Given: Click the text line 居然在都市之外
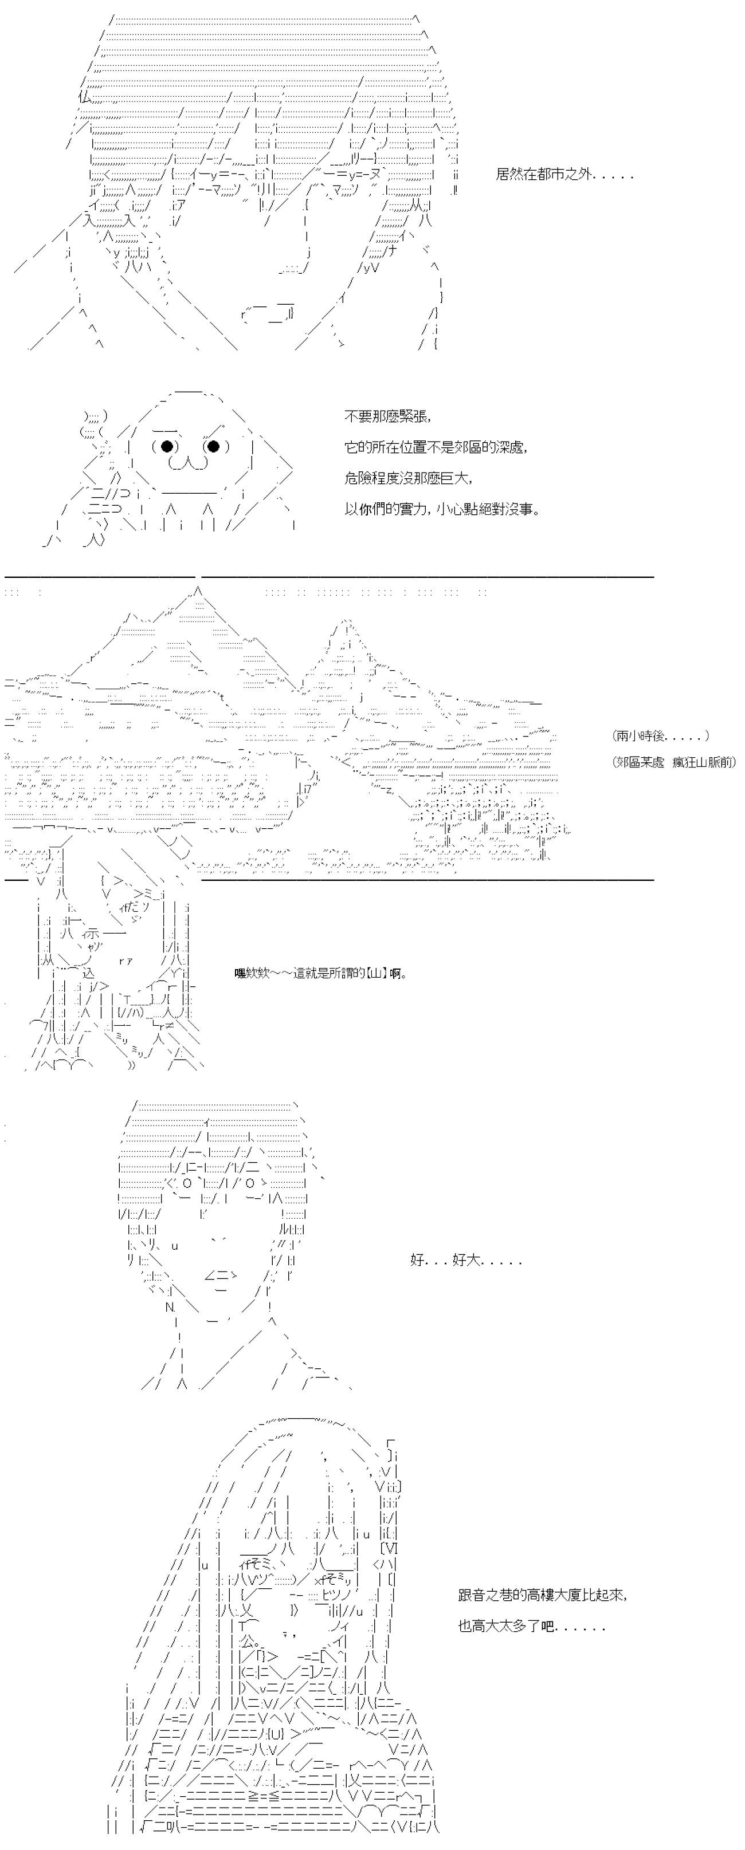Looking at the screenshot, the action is click(564, 175).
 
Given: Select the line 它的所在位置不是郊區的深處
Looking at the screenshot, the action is click(436, 447).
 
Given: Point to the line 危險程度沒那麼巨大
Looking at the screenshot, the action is click(409, 478).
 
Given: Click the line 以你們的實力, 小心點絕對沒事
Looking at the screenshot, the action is click(442, 510).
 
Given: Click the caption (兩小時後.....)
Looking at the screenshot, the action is click(661, 735).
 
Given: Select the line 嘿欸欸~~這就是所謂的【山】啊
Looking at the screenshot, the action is click(320, 974).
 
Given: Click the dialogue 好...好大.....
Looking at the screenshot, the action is click(465, 1261).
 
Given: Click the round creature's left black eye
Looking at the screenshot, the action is click(167, 447).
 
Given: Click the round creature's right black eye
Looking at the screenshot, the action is click(213, 447).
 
